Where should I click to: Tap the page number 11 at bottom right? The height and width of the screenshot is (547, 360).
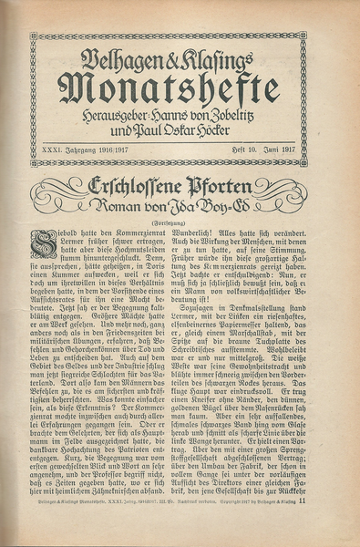click(x=301, y=525)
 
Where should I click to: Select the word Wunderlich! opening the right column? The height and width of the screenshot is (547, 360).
click(x=207, y=232)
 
